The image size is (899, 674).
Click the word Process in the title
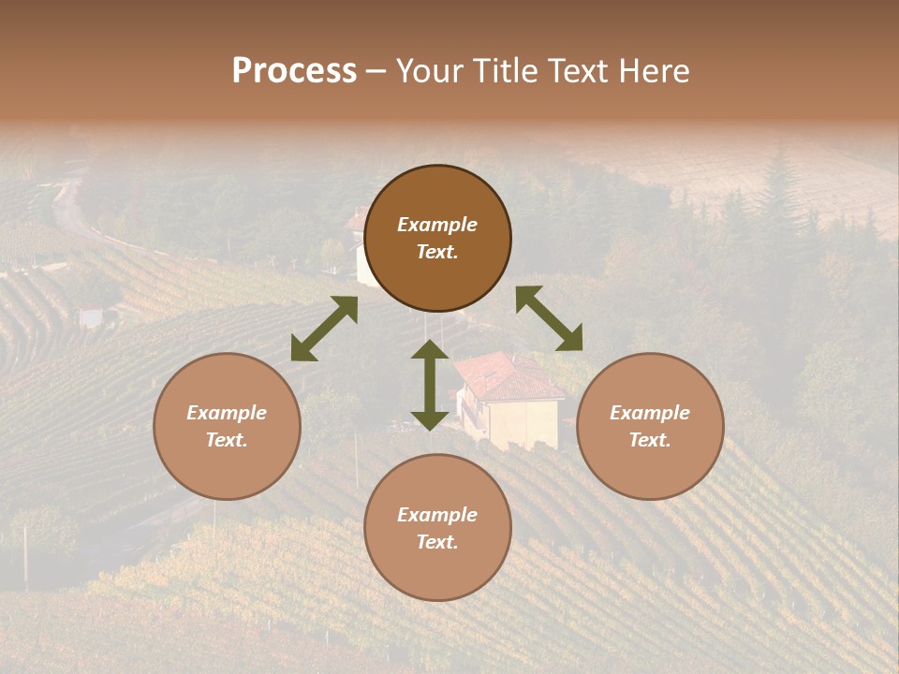[294, 71]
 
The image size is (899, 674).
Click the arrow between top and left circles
[324, 329]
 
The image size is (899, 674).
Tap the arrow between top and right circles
[549, 318]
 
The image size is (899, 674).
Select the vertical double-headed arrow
[430, 385]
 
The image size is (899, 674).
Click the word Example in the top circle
[437, 225]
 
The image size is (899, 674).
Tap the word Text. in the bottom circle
[437, 542]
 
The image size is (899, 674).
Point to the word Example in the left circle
[227, 413]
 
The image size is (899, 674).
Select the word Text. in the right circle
[650, 440]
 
